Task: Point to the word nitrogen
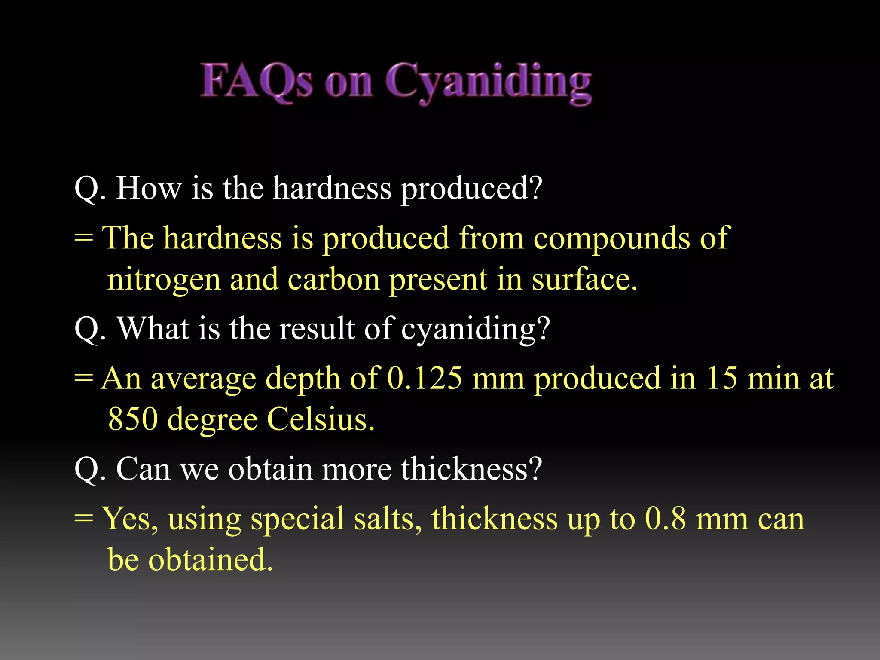pos(163,280)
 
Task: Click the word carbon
pos(333,279)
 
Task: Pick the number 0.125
pos(425,378)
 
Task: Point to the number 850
pos(133,419)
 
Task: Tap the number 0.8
pos(665,519)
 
